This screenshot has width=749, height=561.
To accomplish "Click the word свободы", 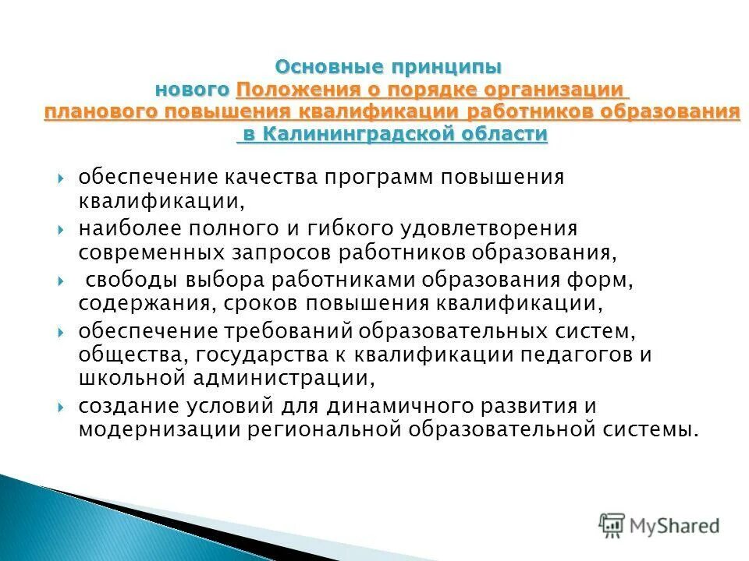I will point(122,280).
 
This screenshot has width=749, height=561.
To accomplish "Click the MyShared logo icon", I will point(612,524).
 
